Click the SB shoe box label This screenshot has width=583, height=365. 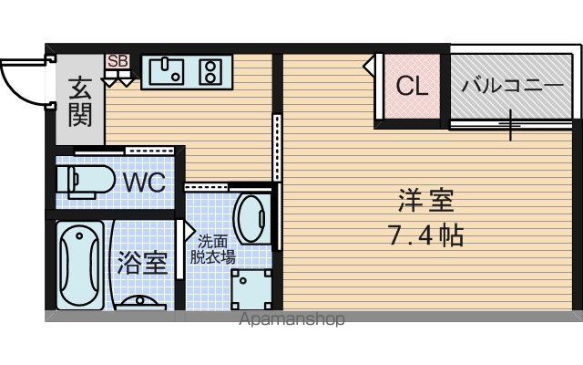click(118, 61)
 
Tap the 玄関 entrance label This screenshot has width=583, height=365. click(80, 101)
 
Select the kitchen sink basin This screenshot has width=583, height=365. click(166, 71)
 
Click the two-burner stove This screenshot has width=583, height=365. click(210, 71)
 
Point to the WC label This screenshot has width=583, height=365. click(144, 182)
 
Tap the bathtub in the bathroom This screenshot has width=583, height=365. click(80, 266)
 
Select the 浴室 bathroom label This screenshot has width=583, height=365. click(142, 263)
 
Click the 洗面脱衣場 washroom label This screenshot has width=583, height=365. click(212, 249)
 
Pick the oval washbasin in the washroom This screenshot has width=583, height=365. click(251, 219)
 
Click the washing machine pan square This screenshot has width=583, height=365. click(251, 289)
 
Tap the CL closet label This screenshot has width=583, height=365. click(412, 86)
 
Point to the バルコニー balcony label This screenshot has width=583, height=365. click(513, 86)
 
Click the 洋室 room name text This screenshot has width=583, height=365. click(426, 201)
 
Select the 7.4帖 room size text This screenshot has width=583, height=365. click(425, 235)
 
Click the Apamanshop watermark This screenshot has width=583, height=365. click(291, 319)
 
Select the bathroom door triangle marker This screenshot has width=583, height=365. click(189, 231)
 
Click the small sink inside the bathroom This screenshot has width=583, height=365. click(140, 302)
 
